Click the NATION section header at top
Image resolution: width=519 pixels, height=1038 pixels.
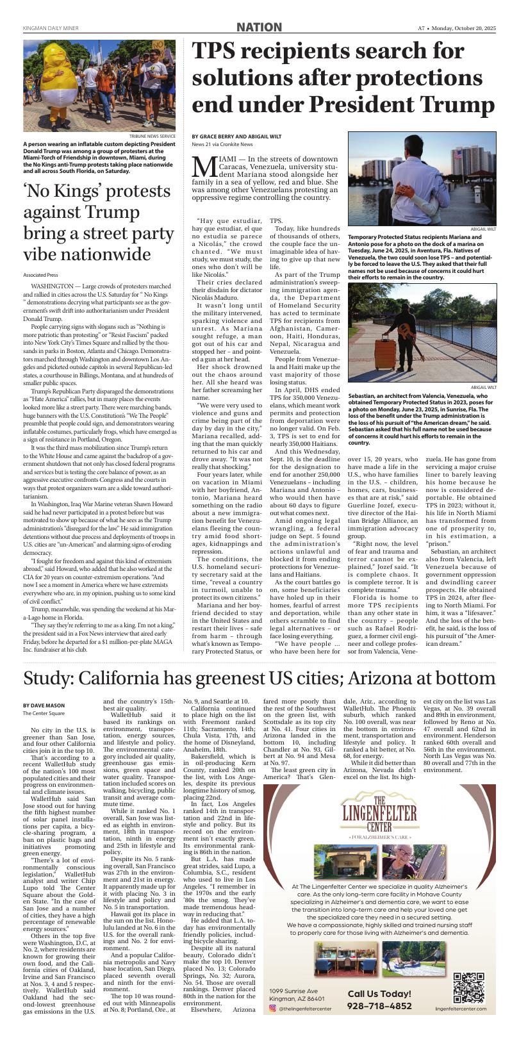tap(259, 27)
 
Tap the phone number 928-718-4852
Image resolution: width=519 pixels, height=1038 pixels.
tap(380, 1006)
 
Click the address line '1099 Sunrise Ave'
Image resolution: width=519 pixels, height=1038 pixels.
tap(293, 991)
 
